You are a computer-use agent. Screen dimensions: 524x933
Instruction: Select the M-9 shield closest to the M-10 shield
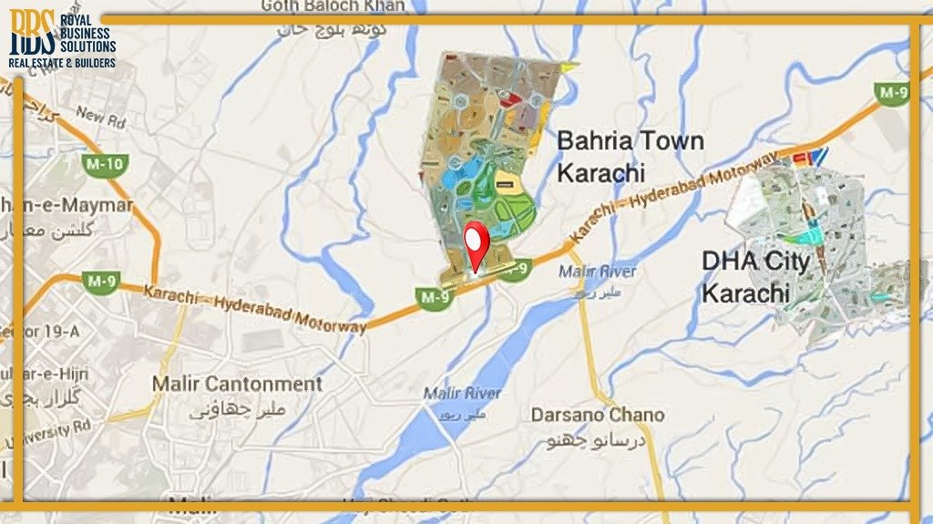pyautogui.click(x=97, y=281)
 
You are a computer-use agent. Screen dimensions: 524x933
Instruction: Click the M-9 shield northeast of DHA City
pyautogui.click(x=892, y=92)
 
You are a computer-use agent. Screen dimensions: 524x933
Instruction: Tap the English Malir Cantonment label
pyautogui.click(x=237, y=384)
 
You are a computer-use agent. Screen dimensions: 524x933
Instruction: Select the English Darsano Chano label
pyautogui.click(x=598, y=415)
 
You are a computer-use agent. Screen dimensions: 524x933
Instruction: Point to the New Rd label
pyautogui.click(x=100, y=116)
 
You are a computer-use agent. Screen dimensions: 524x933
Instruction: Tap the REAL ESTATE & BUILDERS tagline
pyautogui.click(x=62, y=63)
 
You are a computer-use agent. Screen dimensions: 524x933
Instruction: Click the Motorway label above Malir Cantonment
pyautogui.click(x=256, y=308)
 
